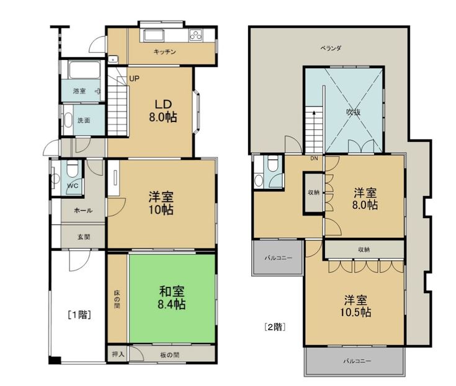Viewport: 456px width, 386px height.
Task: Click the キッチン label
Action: point(164,52)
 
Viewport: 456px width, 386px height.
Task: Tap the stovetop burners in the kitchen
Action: point(195,35)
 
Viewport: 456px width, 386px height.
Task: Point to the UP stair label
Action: point(134,79)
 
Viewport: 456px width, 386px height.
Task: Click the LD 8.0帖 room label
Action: point(163,111)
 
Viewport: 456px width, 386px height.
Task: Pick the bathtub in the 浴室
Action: point(84,70)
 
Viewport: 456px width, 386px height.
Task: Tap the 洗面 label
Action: point(84,120)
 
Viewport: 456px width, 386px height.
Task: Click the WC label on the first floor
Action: point(73,186)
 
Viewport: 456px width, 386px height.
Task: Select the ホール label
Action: point(83,210)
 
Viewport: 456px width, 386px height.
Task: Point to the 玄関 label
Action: point(84,237)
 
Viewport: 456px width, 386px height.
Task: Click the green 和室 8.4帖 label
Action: point(172,297)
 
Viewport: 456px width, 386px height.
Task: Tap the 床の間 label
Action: point(117,299)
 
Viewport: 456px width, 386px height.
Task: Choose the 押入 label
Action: point(118,354)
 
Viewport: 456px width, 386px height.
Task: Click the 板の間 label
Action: point(170,355)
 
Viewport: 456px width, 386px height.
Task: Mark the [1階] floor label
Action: point(79,315)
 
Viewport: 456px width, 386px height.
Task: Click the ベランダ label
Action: point(331,48)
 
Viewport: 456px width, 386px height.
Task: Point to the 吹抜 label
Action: point(354,112)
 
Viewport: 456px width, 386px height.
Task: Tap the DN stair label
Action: point(314,158)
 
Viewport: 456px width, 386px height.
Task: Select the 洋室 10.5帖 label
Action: point(355,305)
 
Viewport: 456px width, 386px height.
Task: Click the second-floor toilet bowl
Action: point(273,163)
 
